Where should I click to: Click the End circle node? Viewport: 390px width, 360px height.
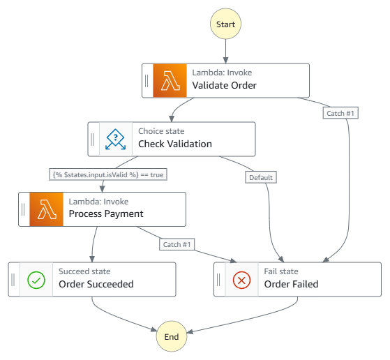(x=172, y=336)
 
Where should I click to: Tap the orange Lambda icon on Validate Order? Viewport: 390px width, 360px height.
(x=170, y=80)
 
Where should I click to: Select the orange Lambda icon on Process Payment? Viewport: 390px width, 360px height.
(x=47, y=209)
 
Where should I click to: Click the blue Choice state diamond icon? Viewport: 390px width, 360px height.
(x=116, y=139)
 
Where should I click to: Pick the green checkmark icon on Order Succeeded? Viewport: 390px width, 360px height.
(x=36, y=279)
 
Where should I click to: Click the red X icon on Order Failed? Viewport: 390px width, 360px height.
(x=241, y=279)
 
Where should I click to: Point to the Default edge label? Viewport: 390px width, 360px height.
(x=261, y=177)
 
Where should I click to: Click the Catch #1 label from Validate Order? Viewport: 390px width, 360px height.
(x=340, y=113)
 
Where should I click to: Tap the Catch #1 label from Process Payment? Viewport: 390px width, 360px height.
(x=177, y=244)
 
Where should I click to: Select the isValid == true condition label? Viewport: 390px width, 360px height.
(x=108, y=174)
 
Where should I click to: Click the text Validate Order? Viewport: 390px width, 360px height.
(x=225, y=86)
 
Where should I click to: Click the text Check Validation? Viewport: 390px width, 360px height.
(x=175, y=144)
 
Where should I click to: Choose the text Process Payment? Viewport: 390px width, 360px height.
(x=106, y=214)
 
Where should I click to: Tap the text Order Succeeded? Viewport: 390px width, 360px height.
(x=96, y=284)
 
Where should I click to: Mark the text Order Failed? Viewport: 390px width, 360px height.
(x=291, y=284)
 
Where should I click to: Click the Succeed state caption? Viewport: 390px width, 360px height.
(x=84, y=271)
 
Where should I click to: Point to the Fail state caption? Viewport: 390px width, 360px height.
(x=281, y=271)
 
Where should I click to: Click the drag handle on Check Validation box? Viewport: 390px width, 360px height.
(x=93, y=140)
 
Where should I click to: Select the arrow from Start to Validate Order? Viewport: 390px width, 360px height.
(x=226, y=52)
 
